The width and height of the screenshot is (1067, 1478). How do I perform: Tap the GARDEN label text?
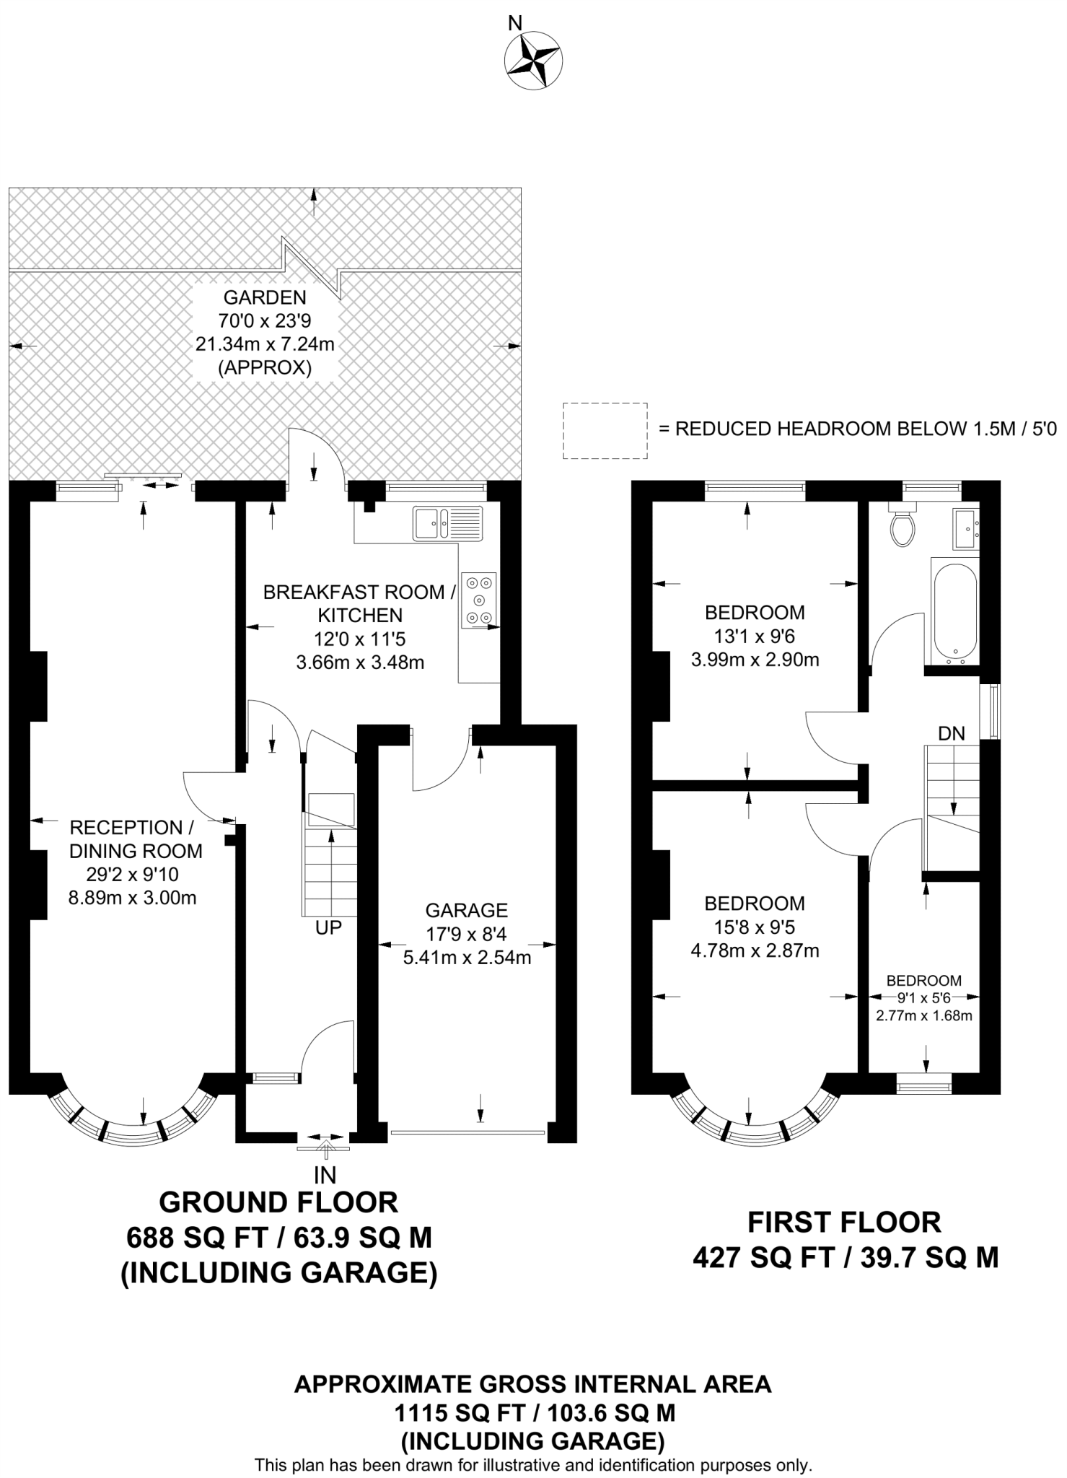pos(264,297)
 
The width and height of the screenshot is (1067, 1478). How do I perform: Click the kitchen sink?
pos(447,523)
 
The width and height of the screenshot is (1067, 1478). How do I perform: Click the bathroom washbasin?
pos(966,524)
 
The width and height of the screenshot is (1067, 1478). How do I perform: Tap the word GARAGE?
pos(466,910)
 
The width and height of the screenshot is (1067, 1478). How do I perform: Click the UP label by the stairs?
pos(328,928)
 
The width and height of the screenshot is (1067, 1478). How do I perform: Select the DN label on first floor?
pos(951,734)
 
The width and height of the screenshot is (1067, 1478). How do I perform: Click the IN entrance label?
pos(325,1175)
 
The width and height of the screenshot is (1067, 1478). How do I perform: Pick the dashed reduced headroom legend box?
pos(605,430)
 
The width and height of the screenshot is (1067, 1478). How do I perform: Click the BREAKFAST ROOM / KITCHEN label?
pos(359,603)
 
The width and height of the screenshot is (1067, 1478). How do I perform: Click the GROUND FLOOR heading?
pos(278,1202)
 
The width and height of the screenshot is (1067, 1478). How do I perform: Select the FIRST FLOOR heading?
pos(844,1223)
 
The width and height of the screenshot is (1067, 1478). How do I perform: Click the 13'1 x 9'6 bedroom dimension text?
pos(754,636)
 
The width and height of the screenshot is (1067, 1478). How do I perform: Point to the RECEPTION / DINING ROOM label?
pos(135,839)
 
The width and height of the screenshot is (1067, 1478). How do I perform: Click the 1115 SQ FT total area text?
pos(533,1412)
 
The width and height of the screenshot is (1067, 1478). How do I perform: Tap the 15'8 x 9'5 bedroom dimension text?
pos(754,927)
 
